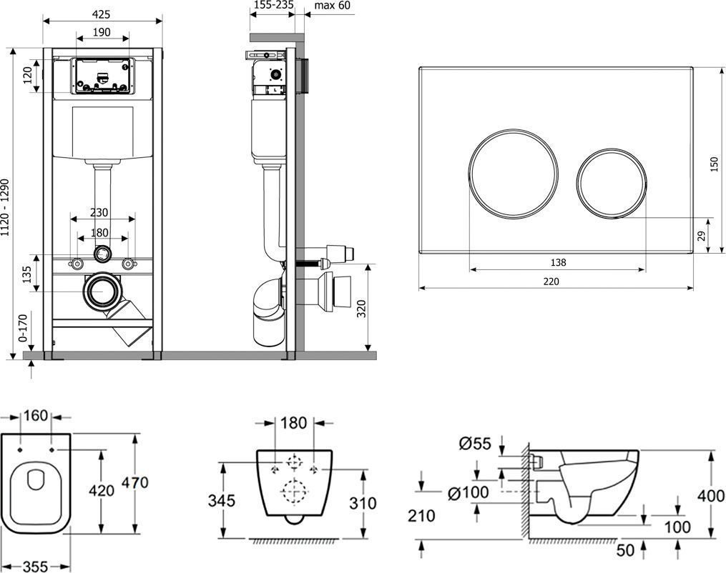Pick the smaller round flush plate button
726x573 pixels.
coord(611,184)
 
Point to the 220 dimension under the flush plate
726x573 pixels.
coord(550,281)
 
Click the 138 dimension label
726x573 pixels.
coord(558,262)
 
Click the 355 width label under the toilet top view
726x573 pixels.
coord(34,565)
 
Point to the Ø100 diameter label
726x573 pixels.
coord(469,492)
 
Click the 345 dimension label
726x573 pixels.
coord(222,501)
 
